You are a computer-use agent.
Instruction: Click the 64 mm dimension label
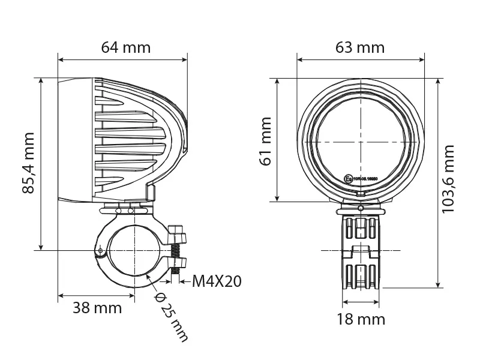126,47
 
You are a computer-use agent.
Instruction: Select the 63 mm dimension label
360,47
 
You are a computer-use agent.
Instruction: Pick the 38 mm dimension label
97,308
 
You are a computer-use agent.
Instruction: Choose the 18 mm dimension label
361,319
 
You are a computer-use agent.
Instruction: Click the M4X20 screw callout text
217,281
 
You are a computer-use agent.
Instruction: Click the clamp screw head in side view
176,232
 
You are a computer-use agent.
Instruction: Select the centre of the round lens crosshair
361,141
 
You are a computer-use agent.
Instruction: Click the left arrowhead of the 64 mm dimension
61,60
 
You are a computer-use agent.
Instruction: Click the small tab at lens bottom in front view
361,195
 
